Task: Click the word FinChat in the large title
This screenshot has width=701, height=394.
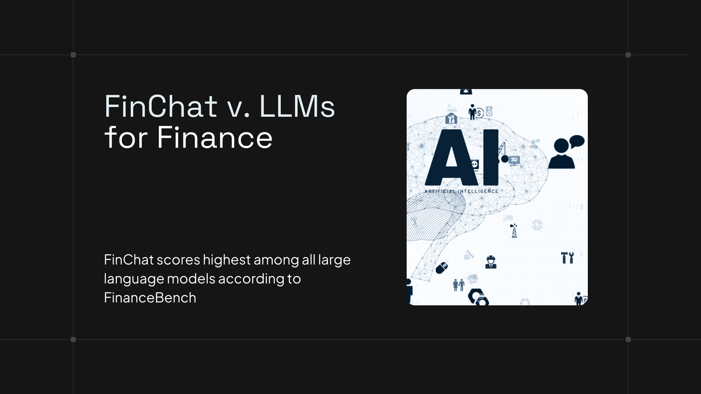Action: pos(161,107)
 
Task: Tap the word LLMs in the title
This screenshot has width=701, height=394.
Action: pos(296,107)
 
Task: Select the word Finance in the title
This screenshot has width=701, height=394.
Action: pos(215,138)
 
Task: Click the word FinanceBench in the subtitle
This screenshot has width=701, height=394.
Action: pos(150,298)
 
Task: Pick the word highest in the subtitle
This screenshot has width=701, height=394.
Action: pos(227,260)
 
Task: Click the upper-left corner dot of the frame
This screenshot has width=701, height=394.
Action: pos(73,55)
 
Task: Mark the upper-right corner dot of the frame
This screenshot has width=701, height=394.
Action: pos(628,55)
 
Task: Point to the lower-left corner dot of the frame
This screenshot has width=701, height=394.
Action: pos(73,340)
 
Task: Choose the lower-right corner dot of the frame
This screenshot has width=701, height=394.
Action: pos(628,340)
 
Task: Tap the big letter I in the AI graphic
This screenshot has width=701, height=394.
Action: pos(491,158)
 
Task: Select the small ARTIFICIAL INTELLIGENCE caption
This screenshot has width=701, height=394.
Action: pos(461,191)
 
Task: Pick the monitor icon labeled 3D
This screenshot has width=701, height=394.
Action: pos(514,160)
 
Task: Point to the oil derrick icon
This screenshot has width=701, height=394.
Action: pos(514,231)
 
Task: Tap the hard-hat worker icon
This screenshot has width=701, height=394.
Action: pos(491,262)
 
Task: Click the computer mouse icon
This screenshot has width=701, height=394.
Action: pos(442,267)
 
